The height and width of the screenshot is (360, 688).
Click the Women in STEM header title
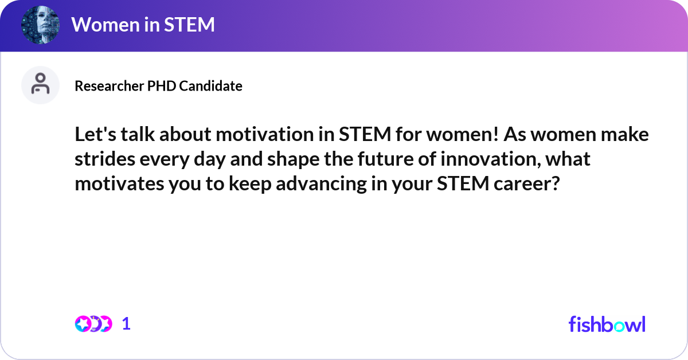click(143, 25)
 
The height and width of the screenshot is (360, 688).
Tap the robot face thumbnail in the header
click(40, 25)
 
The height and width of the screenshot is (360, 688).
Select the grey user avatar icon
click(40, 85)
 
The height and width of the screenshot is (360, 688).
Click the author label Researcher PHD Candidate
click(158, 86)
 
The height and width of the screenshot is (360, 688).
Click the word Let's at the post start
click(94, 135)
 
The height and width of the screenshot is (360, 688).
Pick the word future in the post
click(363, 159)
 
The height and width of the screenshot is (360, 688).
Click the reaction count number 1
click(126, 324)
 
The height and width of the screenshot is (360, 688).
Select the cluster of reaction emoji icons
click(93, 324)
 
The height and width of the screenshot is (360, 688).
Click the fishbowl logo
click(607, 324)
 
